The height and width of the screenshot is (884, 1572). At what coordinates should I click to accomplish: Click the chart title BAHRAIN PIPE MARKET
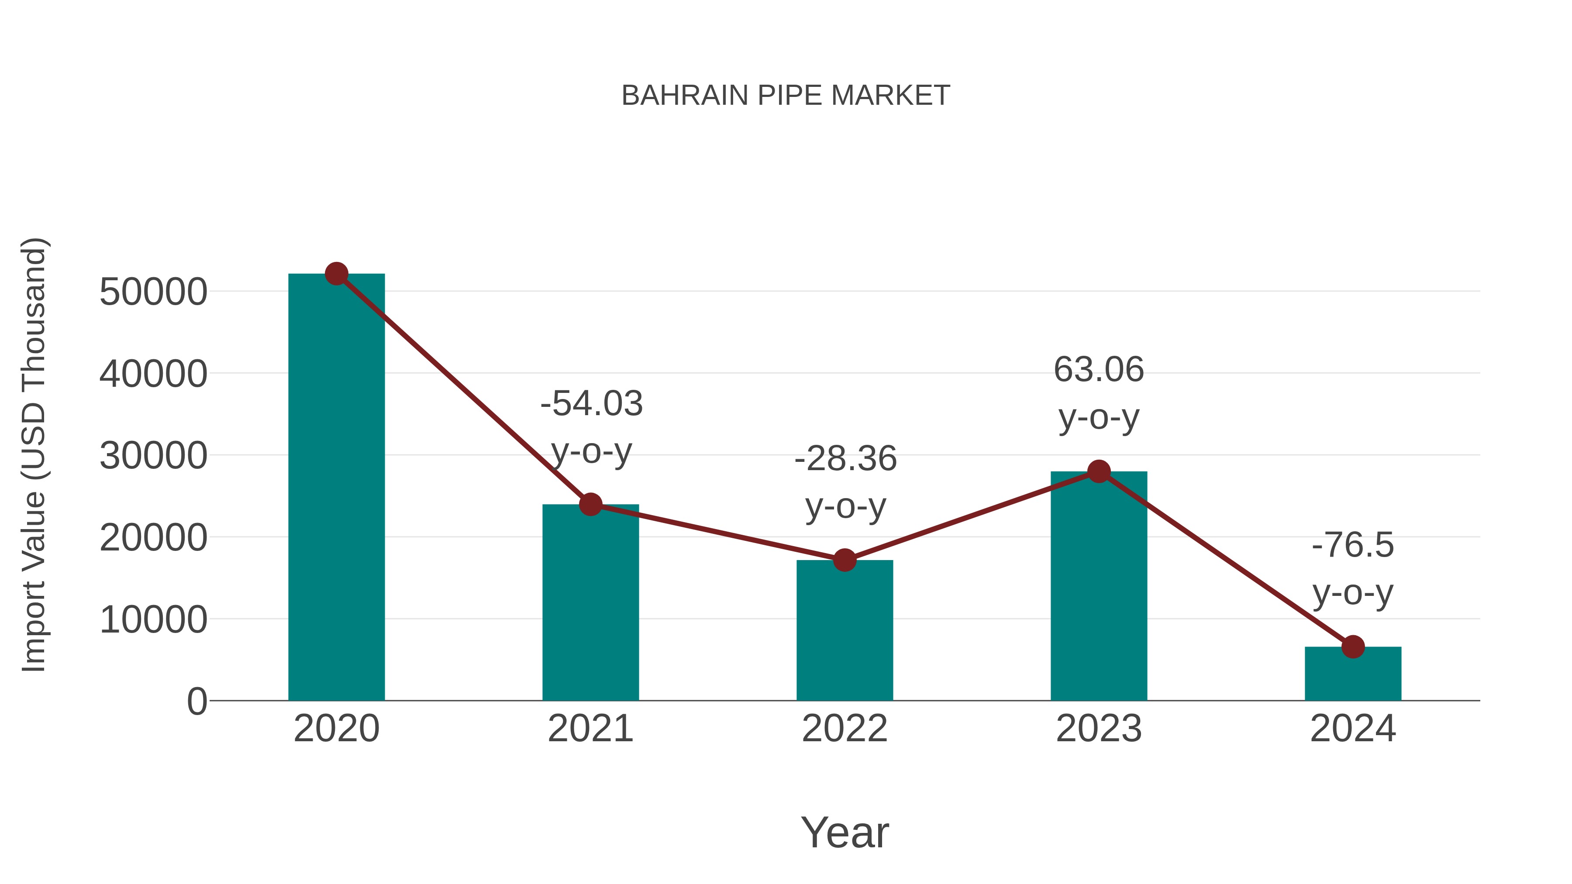(786, 96)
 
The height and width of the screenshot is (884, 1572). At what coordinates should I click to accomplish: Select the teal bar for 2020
(336, 488)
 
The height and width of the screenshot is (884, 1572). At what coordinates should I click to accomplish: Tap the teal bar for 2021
(590, 604)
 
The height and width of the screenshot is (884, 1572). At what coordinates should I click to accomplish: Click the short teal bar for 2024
(1353, 674)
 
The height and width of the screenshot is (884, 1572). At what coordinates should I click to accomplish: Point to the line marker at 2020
(336, 274)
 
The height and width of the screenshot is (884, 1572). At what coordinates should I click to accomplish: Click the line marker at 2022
(845, 560)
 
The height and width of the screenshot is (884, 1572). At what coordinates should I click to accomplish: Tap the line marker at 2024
(1353, 647)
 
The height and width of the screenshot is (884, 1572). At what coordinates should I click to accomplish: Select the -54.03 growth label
(591, 404)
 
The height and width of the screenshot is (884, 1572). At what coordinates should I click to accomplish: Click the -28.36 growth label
(845, 459)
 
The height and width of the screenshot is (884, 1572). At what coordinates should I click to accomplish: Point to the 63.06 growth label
(1099, 370)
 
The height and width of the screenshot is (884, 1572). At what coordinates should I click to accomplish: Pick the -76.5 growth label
(1353, 545)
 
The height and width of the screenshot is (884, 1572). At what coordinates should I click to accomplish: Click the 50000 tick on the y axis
(153, 292)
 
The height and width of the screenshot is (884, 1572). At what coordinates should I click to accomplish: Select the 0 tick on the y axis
(197, 701)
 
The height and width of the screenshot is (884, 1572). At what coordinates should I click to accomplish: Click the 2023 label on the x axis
(1099, 729)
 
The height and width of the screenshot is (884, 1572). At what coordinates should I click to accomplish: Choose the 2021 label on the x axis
(590, 729)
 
